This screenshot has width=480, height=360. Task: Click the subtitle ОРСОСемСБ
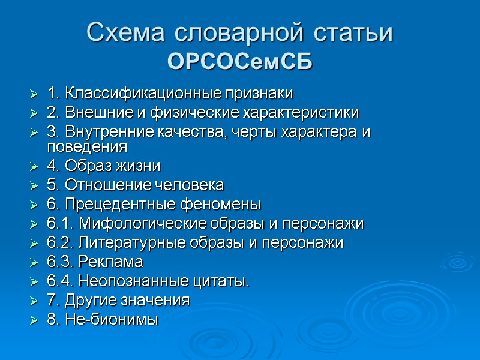(240, 61)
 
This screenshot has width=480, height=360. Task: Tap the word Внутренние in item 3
(106, 132)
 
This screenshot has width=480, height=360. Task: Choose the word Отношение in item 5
(100, 184)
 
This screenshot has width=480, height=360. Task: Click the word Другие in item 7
(86, 300)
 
